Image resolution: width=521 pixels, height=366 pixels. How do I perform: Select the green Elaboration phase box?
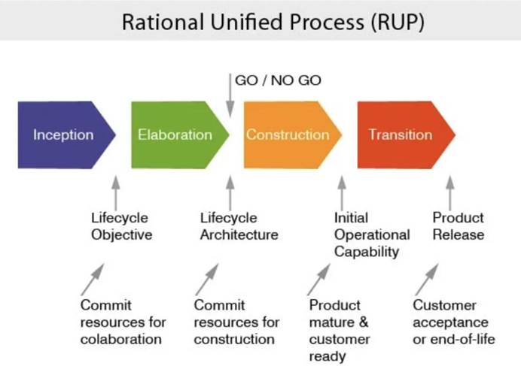pyautogui.click(x=176, y=135)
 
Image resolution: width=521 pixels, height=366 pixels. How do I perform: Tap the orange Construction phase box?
pyautogui.click(x=288, y=135)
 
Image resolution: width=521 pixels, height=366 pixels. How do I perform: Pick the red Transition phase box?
pyautogui.click(x=401, y=135)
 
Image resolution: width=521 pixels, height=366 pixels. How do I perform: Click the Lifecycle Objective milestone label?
pyautogui.click(x=121, y=226)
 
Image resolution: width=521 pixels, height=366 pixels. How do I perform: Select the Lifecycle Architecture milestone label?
pyautogui.click(x=239, y=226)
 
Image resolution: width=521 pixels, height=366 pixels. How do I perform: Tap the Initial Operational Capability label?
pyautogui.click(x=372, y=234)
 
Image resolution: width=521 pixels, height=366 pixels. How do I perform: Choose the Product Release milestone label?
pyautogui.click(x=458, y=226)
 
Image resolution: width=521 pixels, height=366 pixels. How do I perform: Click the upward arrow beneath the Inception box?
pyautogui.click(x=115, y=193)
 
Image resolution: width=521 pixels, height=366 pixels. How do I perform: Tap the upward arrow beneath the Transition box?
pyautogui.click(x=450, y=193)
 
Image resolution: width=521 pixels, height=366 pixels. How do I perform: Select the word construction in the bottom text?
pyautogui.click(x=234, y=339)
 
